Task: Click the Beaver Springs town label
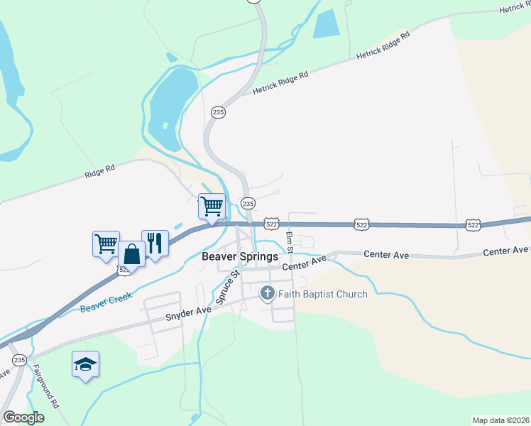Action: pyautogui.click(x=239, y=257)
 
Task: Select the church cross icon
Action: pyautogui.click(x=267, y=293)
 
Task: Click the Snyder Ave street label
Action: pyautogui.click(x=189, y=313)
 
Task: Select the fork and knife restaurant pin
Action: pyautogui.click(x=155, y=244)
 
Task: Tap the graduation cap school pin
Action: pyautogui.click(x=86, y=364)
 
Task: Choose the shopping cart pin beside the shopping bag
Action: pyautogui.click(x=106, y=244)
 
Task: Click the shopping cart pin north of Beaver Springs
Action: pyautogui.click(x=212, y=207)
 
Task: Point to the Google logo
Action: pyautogui.click(x=23, y=417)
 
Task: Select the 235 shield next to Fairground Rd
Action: pyautogui.click(x=20, y=360)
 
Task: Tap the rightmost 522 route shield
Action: pyautogui.click(x=473, y=224)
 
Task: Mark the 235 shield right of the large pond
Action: pyautogui.click(x=218, y=112)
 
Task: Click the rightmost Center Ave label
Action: pyautogui.click(x=506, y=251)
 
